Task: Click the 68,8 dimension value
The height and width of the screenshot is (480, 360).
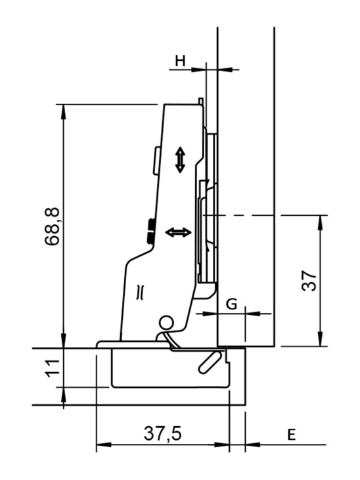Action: point(52,226)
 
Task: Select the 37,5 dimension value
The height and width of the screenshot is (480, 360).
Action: point(163,434)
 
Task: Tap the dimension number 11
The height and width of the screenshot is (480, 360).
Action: point(53,368)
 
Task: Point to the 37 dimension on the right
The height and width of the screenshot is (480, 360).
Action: point(309,281)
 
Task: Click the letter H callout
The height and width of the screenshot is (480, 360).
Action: point(180,60)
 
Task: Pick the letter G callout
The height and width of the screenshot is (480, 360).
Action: point(231,304)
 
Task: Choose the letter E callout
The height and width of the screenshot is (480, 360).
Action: point(292,435)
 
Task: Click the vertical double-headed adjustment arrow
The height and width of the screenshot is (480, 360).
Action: point(180,160)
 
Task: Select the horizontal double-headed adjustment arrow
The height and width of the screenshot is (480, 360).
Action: point(178,232)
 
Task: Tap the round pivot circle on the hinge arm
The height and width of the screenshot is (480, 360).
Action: point(166,323)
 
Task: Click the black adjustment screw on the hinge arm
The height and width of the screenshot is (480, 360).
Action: point(150,231)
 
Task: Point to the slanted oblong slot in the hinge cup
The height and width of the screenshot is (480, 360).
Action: point(210,362)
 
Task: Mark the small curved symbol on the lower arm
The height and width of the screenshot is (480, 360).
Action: point(141,292)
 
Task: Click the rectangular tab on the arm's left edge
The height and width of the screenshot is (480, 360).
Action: point(157,160)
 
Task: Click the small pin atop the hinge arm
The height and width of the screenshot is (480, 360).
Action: point(200,101)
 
